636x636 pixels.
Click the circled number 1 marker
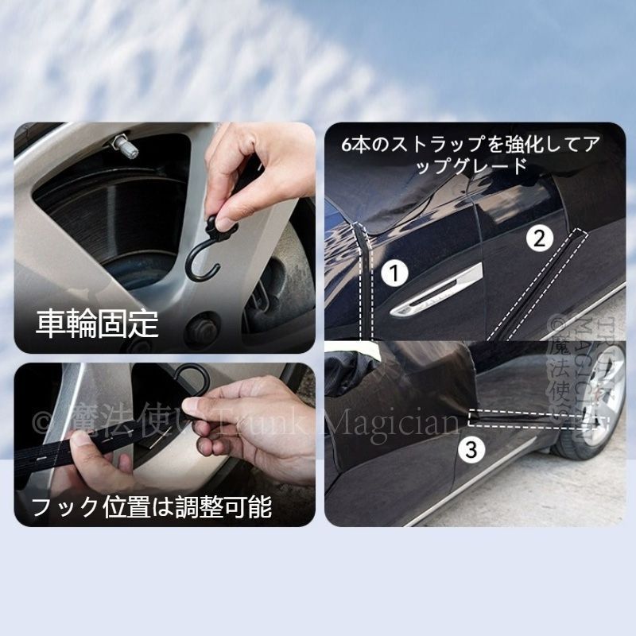[x=394, y=273]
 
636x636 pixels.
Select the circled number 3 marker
[x=471, y=450]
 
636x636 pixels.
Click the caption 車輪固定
[x=97, y=324]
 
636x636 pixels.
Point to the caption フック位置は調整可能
[x=151, y=506]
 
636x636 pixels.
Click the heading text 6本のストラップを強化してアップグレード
[x=469, y=156]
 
